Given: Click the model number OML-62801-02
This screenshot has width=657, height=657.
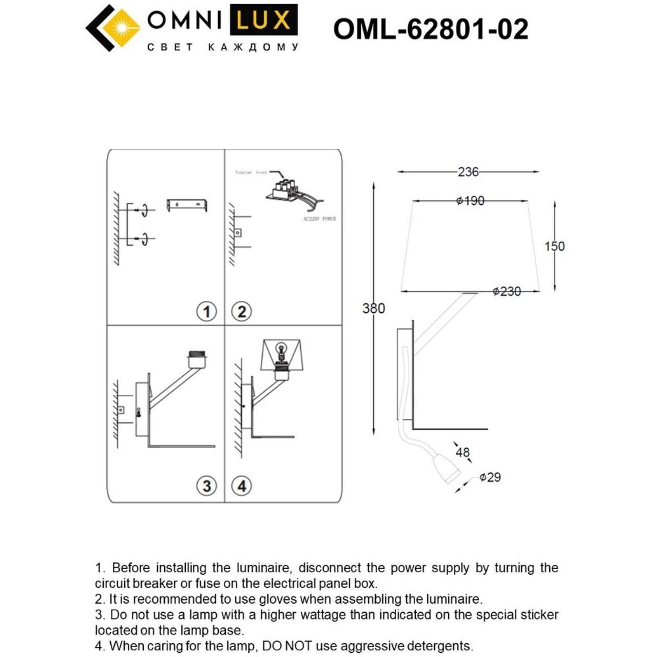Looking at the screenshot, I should click(430, 29).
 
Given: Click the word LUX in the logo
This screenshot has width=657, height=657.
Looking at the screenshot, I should click(263, 21).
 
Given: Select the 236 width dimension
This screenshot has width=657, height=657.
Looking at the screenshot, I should click(468, 172).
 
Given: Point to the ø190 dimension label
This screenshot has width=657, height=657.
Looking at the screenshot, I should click(470, 201).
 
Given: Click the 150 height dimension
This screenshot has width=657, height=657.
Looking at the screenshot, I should click(554, 246).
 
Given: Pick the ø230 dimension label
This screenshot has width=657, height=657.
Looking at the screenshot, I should click(507, 292).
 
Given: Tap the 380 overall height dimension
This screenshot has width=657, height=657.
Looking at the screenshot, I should click(373, 308).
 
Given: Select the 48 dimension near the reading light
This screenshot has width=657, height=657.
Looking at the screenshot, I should click(462, 452).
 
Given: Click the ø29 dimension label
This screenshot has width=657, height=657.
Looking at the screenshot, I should click(490, 477).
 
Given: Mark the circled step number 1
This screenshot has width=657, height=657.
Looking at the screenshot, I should click(207, 312).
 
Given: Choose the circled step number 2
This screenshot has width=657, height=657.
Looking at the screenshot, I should click(242, 312).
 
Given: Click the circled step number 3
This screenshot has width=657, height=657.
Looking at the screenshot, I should click(207, 486).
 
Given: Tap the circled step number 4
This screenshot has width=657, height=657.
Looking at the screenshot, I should click(242, 486).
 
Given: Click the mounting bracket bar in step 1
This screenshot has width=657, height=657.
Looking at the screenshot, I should click(187, 205).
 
